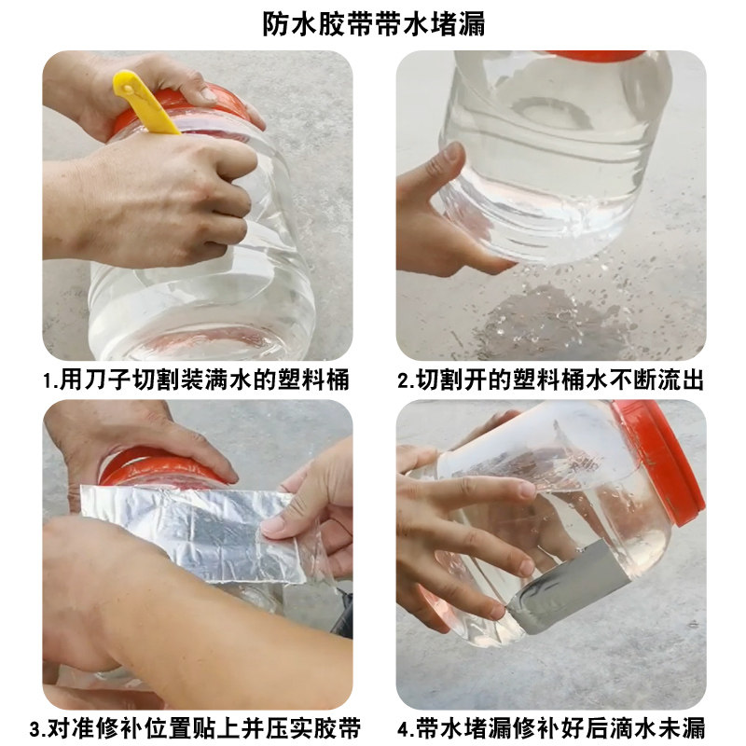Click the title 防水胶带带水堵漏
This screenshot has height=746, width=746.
tap(374, 24)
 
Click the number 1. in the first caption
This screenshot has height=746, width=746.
tap(50, 381)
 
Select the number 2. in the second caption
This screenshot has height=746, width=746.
tap(407, 381)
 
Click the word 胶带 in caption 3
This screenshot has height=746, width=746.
tap(338, 728)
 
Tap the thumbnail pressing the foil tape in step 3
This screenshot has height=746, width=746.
tap(271, 525)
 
